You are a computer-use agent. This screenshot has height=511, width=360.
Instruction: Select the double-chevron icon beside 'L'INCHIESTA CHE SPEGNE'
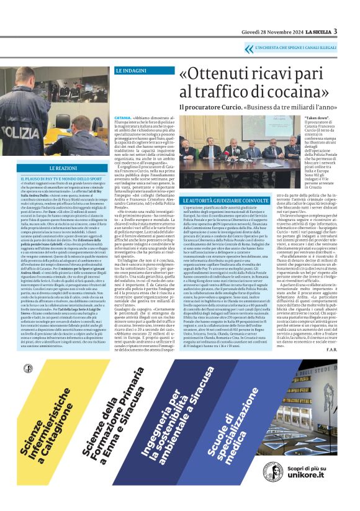(248, 47)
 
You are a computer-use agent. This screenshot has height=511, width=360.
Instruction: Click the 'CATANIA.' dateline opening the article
(122, 117)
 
